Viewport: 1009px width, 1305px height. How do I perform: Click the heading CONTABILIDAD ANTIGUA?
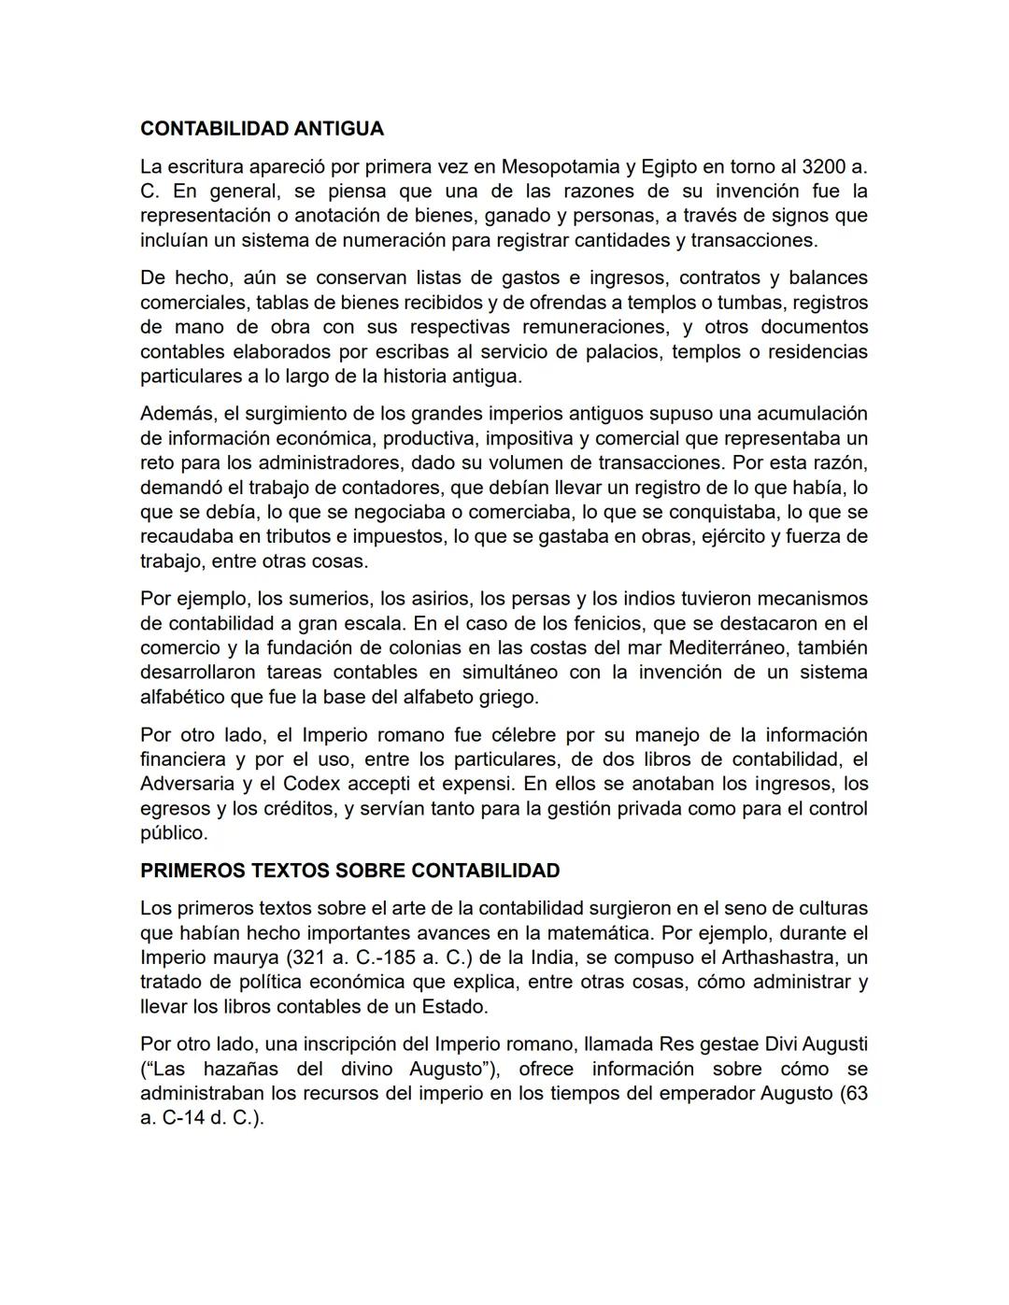(262, 128)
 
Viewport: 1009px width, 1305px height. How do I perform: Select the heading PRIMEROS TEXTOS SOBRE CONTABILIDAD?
(349, 871)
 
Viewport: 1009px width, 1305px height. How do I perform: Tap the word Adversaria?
(187, 784)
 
